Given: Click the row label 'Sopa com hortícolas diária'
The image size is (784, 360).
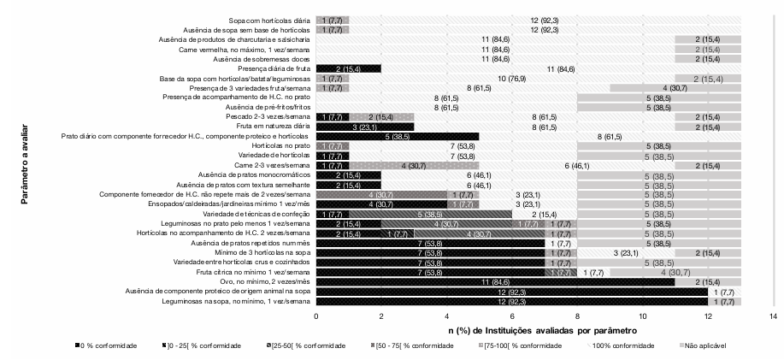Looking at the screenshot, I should [267, 20].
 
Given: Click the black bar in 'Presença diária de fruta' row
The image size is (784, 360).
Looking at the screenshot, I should [348, 68].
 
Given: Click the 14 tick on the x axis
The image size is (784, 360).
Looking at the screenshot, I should [773, 316].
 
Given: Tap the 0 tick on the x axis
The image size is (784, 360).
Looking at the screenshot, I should [315, 316].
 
